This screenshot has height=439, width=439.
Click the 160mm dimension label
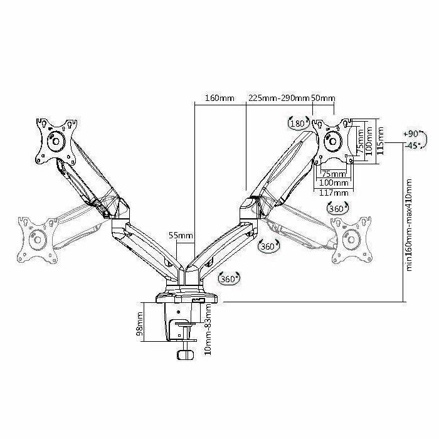[219, 98]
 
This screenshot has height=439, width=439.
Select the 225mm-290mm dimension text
[278, 98]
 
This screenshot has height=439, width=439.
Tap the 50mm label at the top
[324, 98]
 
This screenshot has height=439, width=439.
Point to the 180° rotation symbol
[297, 123]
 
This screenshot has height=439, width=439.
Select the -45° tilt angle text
[411, 145]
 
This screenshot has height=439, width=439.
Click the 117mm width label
[333, 192]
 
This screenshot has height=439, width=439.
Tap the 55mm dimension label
[181, 236]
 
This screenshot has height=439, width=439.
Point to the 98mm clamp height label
[140, 325]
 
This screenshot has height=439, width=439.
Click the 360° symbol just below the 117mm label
[339, 209]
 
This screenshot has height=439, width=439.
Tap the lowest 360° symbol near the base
[229, 279]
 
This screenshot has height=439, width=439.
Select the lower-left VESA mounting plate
[37, 239]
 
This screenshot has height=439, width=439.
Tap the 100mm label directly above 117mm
[333, 182]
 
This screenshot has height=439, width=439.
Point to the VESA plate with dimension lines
[332, 141]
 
